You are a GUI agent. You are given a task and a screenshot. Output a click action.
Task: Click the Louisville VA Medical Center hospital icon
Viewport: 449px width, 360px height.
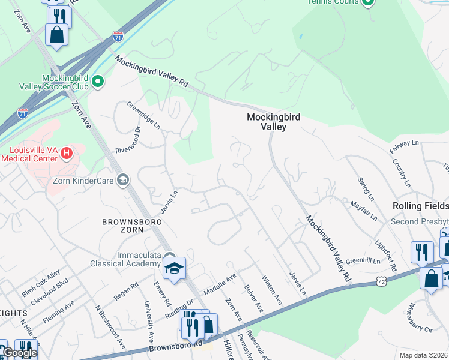tap(67, 154)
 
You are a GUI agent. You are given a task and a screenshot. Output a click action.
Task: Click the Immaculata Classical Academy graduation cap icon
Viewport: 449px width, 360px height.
tap(174, 268)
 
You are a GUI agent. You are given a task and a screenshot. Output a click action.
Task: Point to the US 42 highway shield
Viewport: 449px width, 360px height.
tap(382, 280)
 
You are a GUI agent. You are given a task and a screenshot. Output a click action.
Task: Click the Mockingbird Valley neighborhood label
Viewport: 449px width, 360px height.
tap(274, 122)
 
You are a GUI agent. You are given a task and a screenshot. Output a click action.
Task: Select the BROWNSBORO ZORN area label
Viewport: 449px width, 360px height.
tap(122, 225)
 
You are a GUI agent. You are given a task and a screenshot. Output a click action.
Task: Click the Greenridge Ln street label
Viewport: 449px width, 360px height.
tap(143, 115)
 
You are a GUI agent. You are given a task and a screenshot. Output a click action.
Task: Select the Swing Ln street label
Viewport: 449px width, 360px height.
tap(366, 188)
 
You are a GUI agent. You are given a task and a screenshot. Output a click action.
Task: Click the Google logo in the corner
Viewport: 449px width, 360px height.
tap(20, 353)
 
